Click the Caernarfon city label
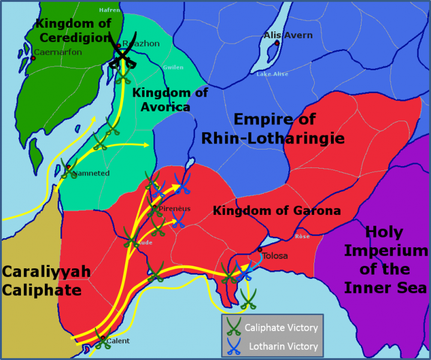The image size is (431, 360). click(x=58, y=52)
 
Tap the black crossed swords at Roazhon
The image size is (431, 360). click(x=122, y=55)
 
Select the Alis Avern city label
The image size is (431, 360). click(x=288, y=35)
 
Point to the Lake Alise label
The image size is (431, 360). click(x=272, y=74)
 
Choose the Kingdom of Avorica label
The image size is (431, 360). click(x=170, y=100)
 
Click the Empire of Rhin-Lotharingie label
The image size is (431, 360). click(x=289, y=129)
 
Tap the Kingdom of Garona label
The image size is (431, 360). click(x=276, y=211)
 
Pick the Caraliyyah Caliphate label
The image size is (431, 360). click(x=46, y=281)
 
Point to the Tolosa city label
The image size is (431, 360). click(x=275, y=256)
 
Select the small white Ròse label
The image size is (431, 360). click(x=302, y=236)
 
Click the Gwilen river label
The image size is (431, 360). click(x=173, y=67)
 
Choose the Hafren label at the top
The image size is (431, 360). click(x=109, y=10)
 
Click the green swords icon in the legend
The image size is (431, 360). click(x=233, y=328)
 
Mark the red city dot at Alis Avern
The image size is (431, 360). click(x=277, y=43)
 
